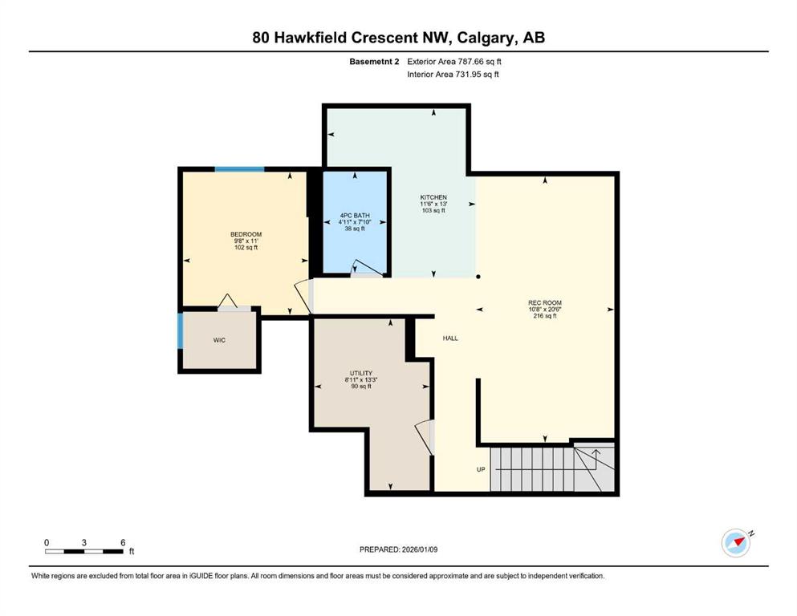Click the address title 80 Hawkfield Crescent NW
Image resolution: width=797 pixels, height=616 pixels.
point(398,38)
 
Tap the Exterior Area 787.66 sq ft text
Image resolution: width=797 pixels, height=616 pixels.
point(454,61)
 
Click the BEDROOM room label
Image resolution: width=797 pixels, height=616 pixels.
point(246,234)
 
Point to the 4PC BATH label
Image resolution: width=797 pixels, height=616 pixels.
point(354,215)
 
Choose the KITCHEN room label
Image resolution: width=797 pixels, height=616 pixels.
point(433,197)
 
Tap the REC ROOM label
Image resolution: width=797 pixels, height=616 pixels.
point(546,303)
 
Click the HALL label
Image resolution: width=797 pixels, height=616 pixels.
point(450,338)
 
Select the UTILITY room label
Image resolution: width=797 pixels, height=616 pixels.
point(360,373)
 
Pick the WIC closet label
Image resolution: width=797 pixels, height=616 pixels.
point(219,340)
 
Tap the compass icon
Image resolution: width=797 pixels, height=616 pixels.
point(735,543)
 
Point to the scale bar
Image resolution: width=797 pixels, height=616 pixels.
point(83,551)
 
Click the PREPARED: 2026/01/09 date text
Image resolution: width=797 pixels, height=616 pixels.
point(398,549)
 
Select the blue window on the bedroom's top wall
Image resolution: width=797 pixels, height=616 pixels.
point(239,169)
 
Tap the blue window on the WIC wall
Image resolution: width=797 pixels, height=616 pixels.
point(181,330)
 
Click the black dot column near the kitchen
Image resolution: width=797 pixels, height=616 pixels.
point(478,278)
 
